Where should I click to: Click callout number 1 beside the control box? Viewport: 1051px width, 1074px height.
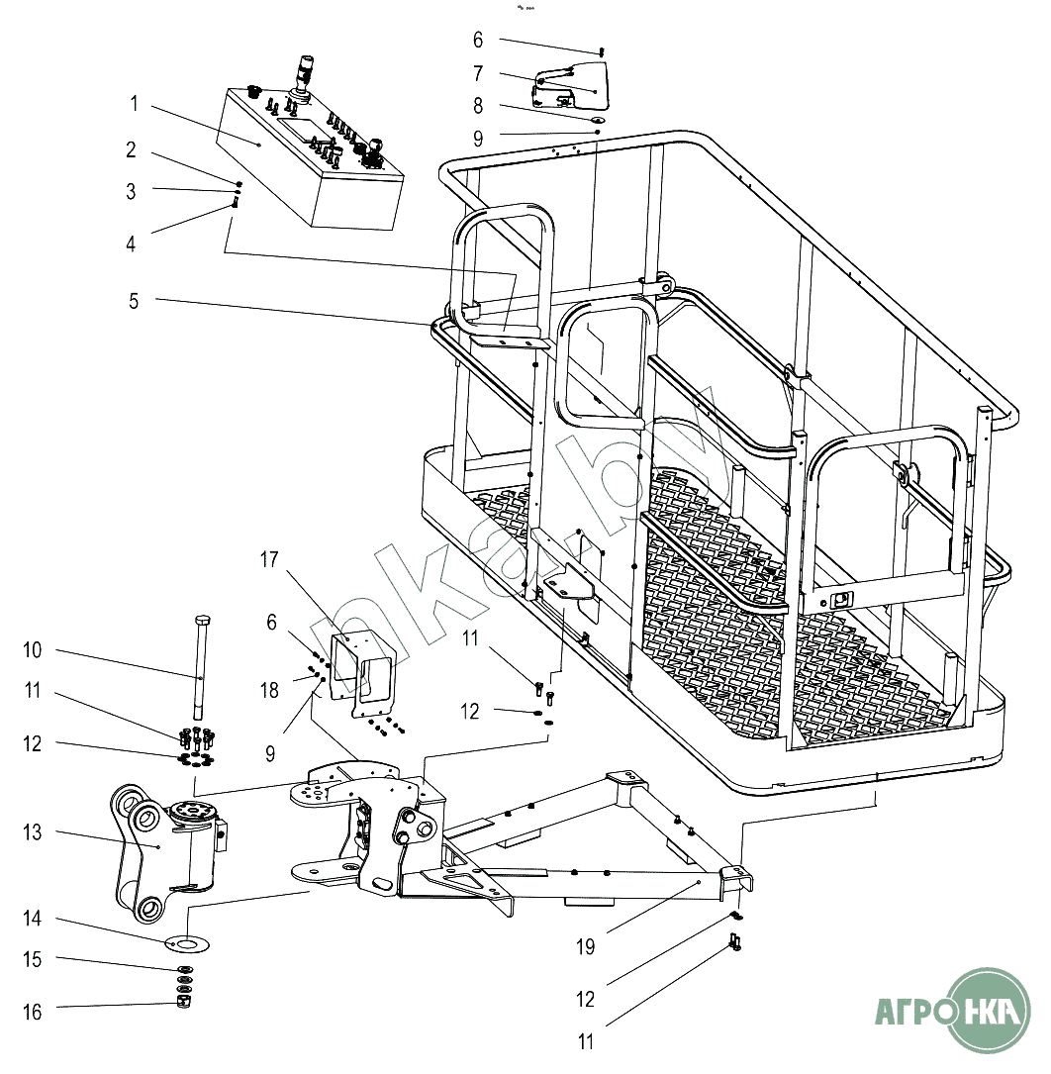pyautogui.click(x=135, y=102)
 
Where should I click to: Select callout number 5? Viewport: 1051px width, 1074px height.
pyautogui.click(x=135, y=300)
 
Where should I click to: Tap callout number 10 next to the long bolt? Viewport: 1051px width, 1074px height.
pyautogui.click(x=34, y=650)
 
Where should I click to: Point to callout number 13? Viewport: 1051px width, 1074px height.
pyautogui.click(x=34, y=832)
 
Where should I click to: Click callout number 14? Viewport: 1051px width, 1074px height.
pyautogui.click(x=34, y=919)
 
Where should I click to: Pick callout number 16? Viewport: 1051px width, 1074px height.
pyautogui.click(x=34, y=1012)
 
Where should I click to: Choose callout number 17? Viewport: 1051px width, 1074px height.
pyautogui.click(x=269, y=560)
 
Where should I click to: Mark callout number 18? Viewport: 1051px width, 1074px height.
pyautogui.click(x=269, y=690)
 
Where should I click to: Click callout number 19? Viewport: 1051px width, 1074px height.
pyautogui.click(x=586, y=947)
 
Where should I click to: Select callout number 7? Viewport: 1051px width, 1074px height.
pyautogui.click(x=478, y=73)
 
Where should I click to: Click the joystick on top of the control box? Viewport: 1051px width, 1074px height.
pyautogui.click(x=303, y=78)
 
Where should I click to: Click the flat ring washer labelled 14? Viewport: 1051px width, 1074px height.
pyautogui.click(x=186, y=943)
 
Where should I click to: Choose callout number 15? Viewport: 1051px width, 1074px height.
pyautogui.click(x=34, y=959)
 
